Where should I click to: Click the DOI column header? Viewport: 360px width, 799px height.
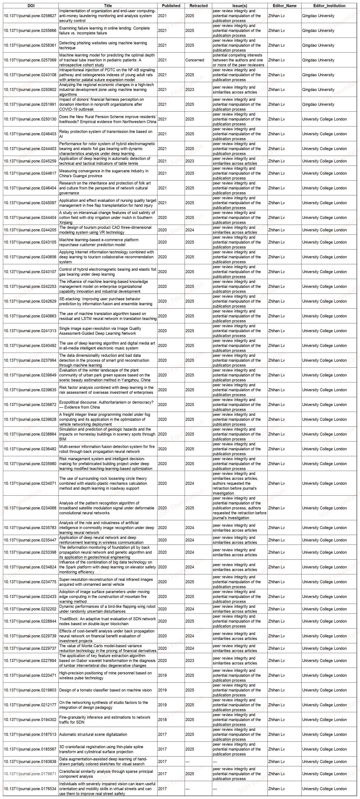tap(31, 6)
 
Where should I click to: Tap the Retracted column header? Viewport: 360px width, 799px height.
tap(198, 6)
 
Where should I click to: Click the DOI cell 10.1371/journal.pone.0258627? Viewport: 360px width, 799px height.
tap(30, 16)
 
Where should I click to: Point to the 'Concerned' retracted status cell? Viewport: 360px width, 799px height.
tap(195, 60)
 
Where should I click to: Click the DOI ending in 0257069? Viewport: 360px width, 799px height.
tap(30, 60)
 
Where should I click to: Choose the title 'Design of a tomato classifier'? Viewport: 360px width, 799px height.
tap(106, 690)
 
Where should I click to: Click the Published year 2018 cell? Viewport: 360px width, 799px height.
tap(162, 720)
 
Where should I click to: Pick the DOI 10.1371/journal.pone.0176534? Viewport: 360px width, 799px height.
tap(30, 789)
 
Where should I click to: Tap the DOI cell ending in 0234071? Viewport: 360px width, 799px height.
tap(30, 483)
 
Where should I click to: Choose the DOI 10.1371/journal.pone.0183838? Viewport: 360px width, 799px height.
tap(30, 761)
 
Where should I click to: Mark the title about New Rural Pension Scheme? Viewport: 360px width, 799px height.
tap(108, 119)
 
